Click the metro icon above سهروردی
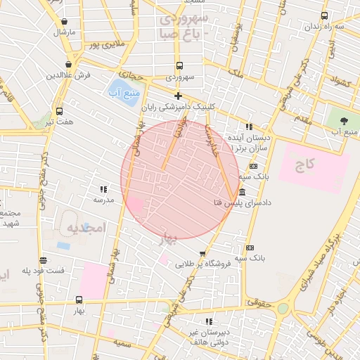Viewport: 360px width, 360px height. tap(178, 65)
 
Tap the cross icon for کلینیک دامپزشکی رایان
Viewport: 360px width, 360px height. tap(178, 96)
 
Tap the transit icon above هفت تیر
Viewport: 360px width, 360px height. tap(59, 111)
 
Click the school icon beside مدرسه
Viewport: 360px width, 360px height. tap(103, 189)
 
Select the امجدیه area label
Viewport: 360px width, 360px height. tap(86, 228)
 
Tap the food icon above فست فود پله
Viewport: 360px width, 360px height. tap(44, 259)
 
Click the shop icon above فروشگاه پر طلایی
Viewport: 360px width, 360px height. tap(203, 254)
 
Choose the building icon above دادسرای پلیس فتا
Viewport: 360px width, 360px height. tap(243, 193)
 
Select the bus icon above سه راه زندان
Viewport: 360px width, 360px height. tap(324, 15)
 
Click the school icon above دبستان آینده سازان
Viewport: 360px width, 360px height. tap(249, 127)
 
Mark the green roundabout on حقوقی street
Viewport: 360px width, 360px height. tap(283, 308)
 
